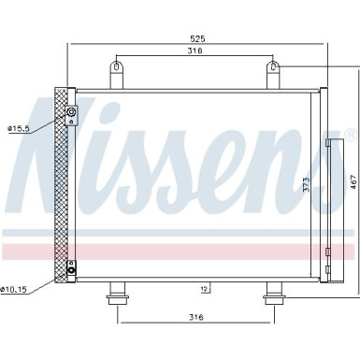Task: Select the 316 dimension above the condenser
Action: click(194, 52)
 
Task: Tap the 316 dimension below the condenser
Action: click(194, 319)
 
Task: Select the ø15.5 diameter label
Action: click(20, 127)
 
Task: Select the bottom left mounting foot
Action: click(117, 295)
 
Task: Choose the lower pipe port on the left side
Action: click(72, 270)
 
